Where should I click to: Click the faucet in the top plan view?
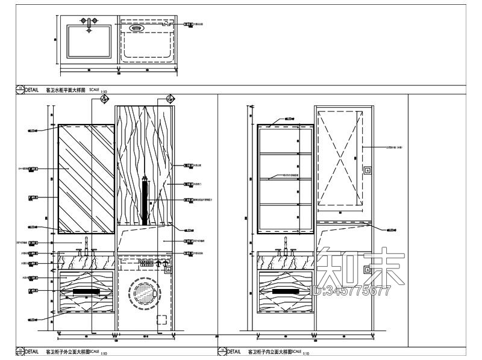pos(89,25)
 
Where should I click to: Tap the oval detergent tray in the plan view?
pos(137,26)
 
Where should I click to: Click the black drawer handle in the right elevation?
pos(285,291)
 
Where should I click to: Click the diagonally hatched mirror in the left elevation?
pos(86,179)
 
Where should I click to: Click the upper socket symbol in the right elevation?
pos(367,170)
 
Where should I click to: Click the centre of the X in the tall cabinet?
pos(340,158)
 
